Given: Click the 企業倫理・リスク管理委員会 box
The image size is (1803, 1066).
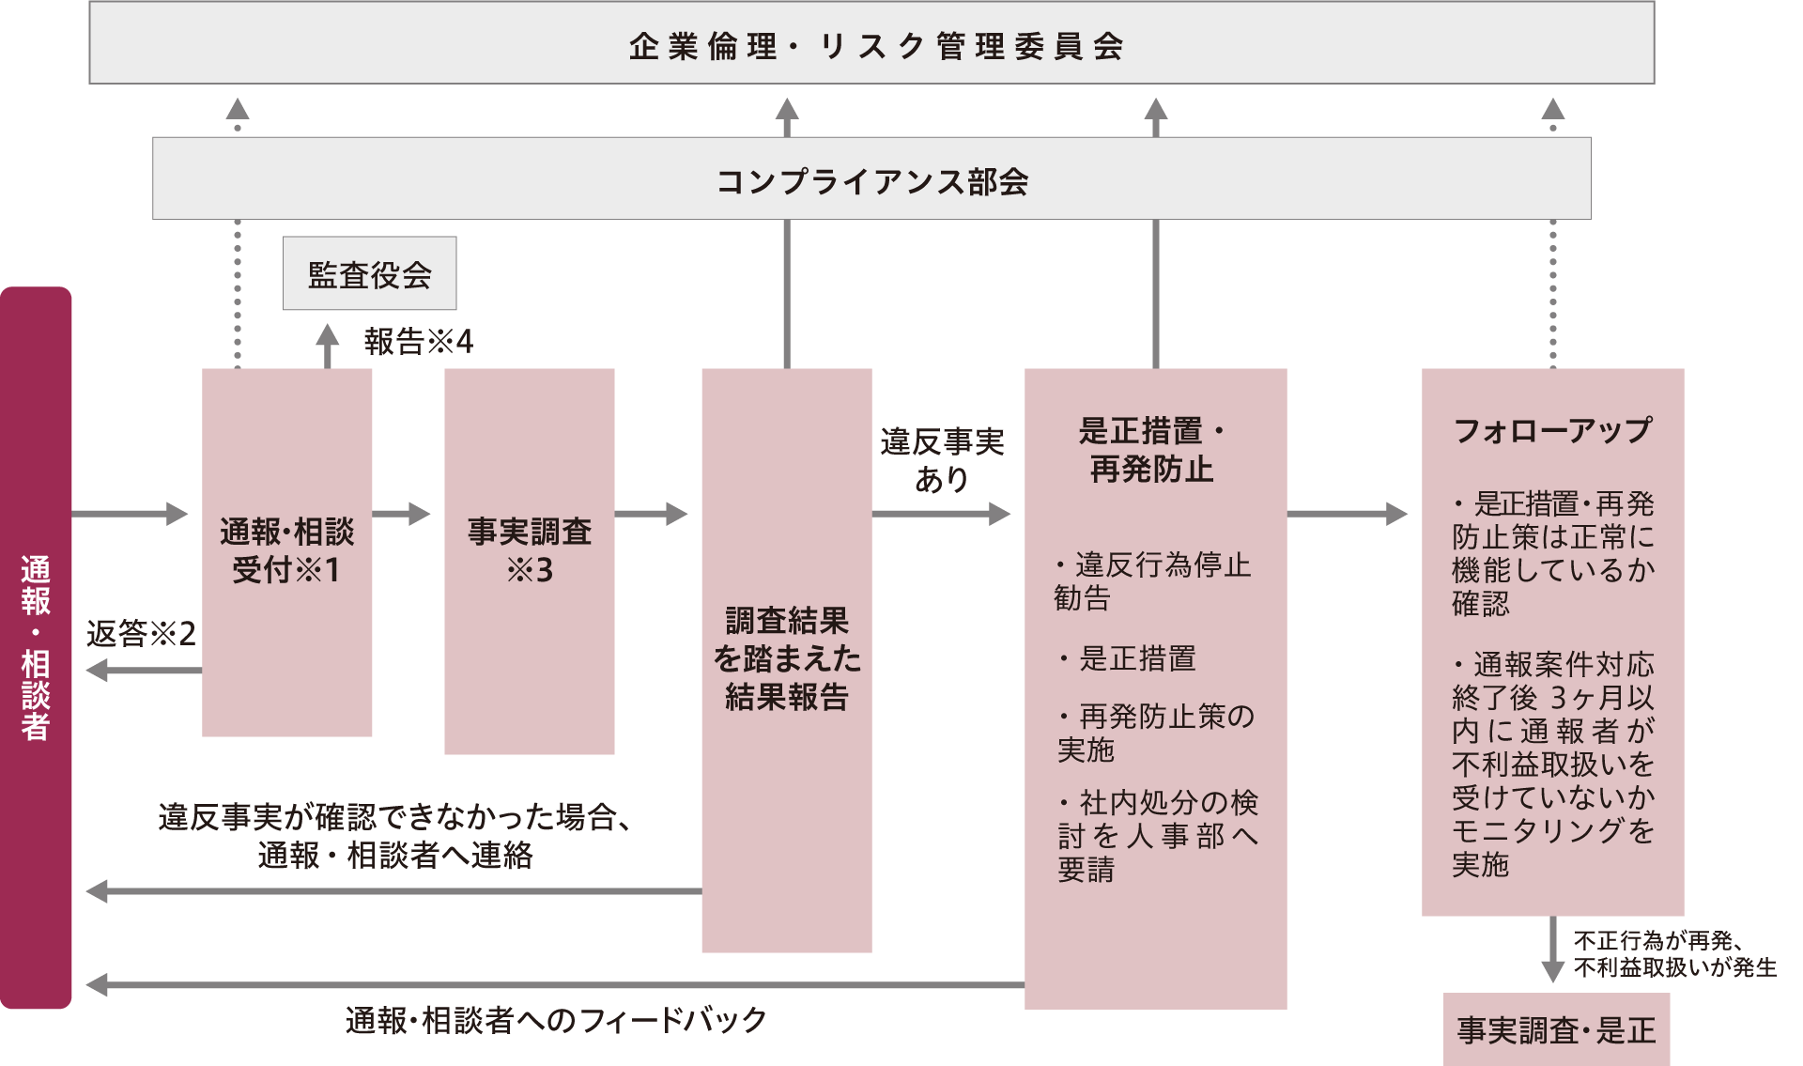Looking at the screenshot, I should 871,44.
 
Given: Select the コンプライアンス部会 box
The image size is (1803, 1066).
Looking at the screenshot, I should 871,179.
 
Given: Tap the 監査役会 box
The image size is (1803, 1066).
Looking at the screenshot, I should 370,274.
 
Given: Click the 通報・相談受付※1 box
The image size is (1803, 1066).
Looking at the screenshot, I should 286,551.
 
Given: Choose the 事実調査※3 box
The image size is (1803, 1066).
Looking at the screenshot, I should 530,551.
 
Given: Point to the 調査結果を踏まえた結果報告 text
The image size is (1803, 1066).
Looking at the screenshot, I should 787,658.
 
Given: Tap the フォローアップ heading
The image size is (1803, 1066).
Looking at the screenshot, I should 1552,430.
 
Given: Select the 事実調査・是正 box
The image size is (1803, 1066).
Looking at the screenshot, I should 1556,1030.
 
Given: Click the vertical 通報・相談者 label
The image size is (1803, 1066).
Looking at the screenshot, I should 36,648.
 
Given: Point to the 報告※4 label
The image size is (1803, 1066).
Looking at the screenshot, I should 418,341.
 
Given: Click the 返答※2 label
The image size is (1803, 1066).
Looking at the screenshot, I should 141,634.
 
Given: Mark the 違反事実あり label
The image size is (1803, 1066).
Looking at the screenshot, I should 942,460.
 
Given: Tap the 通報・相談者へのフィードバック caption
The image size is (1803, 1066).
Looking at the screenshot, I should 556,1020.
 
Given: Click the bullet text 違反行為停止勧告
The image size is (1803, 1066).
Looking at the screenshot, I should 1153,581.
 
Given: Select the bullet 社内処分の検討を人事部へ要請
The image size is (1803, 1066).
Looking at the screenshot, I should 1158,836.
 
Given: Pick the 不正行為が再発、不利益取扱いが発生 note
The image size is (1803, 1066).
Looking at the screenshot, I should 1674,954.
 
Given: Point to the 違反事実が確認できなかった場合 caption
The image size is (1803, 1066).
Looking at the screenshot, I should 394,835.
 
